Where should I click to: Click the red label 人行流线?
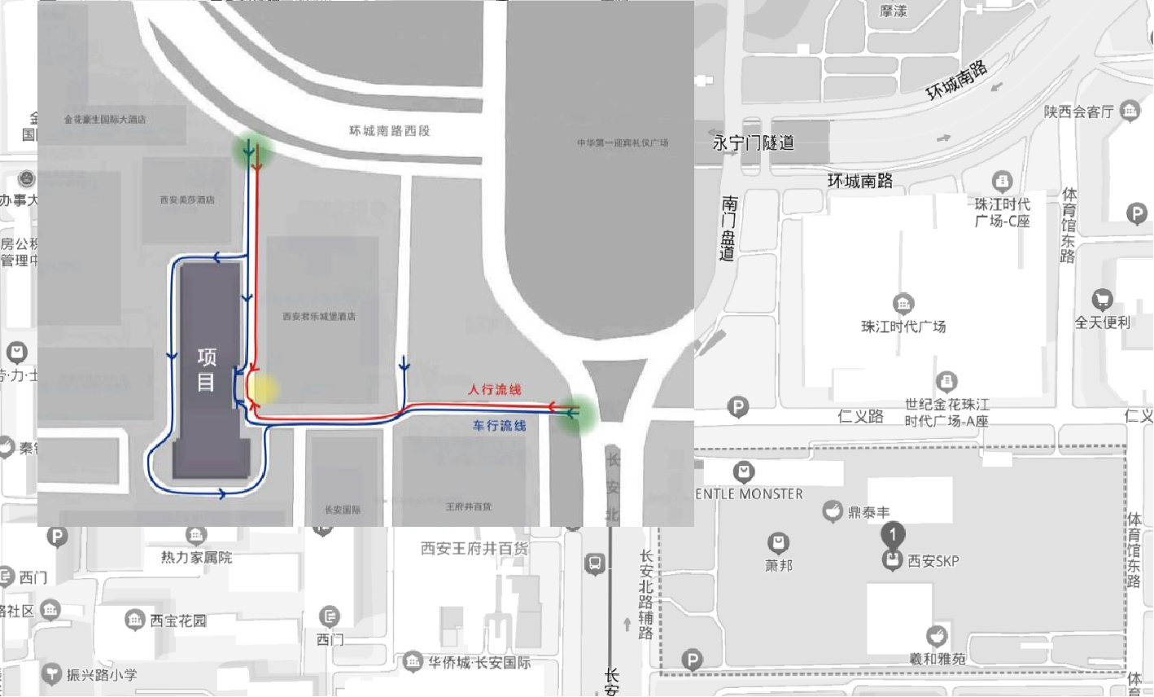point(494,390)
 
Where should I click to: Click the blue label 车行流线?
point(499,426)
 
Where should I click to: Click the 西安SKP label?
point(933,561)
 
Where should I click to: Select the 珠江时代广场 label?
point(903,327)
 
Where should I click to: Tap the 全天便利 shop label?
point(1102,322)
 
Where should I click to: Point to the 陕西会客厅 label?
point(1078,112)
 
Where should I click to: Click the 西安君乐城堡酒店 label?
point(319,317)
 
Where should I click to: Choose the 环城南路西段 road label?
point(389,131)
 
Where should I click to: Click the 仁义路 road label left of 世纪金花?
point(860,416)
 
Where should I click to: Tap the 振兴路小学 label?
point(102,675)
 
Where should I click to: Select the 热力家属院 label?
point(196,558)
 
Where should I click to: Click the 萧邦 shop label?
point(779,564)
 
